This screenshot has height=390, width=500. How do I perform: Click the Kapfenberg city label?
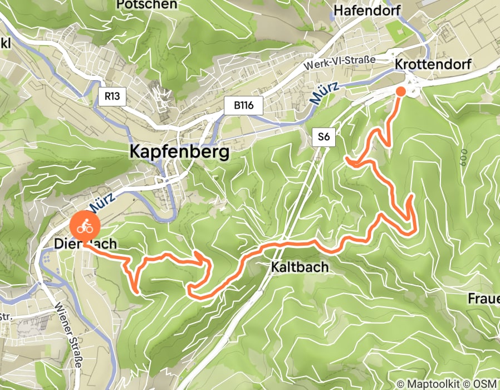click(179, 152)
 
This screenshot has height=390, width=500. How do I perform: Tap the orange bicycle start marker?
click(85, 226)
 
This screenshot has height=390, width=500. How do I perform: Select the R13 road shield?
click(112, 96)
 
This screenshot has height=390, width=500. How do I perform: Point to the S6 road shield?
click(323, 137)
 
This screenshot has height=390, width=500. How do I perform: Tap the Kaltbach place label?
click(300, 267)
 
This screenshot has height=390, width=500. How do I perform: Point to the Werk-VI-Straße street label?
click(340, 62)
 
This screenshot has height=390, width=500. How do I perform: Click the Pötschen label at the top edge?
click(147, 4)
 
